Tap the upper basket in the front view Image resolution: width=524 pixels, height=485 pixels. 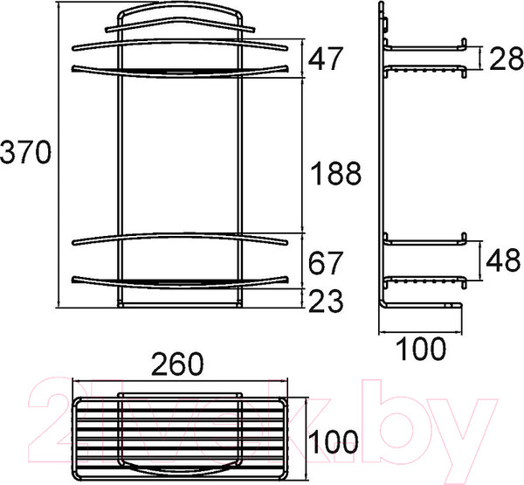(180, 56)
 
